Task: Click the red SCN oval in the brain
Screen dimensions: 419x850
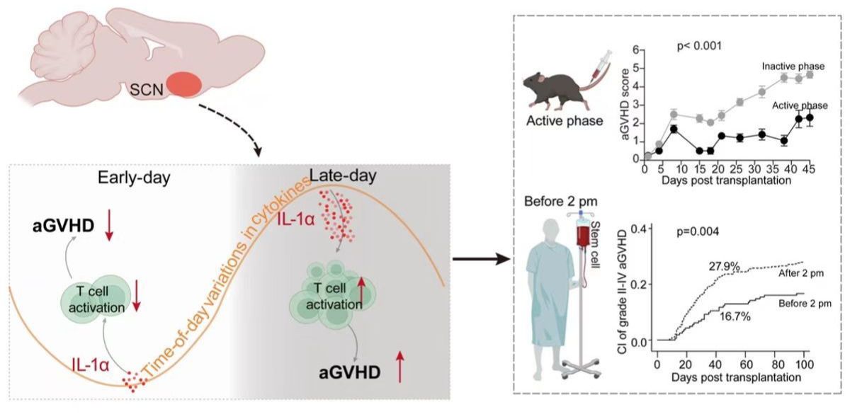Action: [x=184, y=85]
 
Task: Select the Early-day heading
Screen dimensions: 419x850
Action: [x=134, y=178]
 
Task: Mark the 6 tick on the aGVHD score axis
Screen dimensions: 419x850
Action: [x=636, y=50]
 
